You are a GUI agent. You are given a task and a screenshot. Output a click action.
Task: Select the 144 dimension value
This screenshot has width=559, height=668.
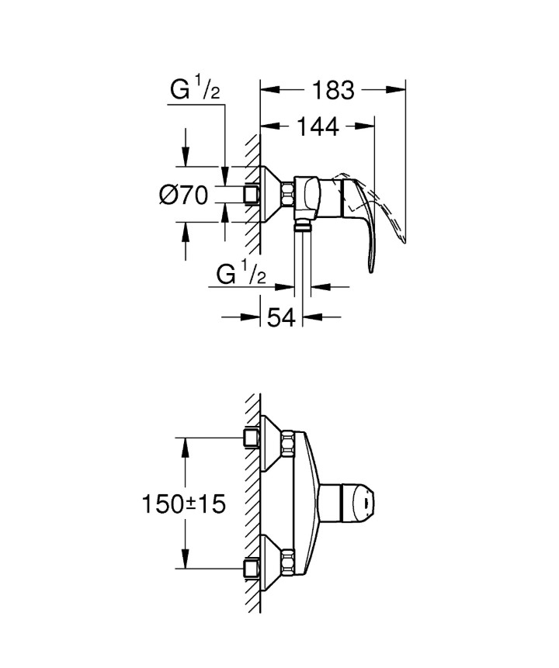click(x=318, y=126)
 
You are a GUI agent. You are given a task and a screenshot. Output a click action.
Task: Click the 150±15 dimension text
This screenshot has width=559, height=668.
click(x=183, y=504)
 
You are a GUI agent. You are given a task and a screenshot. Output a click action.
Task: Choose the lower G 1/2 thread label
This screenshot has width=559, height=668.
click(x=241, y=275)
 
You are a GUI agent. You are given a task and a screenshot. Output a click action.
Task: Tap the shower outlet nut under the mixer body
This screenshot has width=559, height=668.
click(x=303, y=227)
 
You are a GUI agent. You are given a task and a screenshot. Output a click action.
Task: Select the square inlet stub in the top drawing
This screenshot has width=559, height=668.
click(x=251, y=194)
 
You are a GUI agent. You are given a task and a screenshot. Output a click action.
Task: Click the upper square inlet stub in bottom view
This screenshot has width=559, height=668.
click(x=251, y=439)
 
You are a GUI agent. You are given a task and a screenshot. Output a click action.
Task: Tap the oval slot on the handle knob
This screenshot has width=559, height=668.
click(x=363, y=503)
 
